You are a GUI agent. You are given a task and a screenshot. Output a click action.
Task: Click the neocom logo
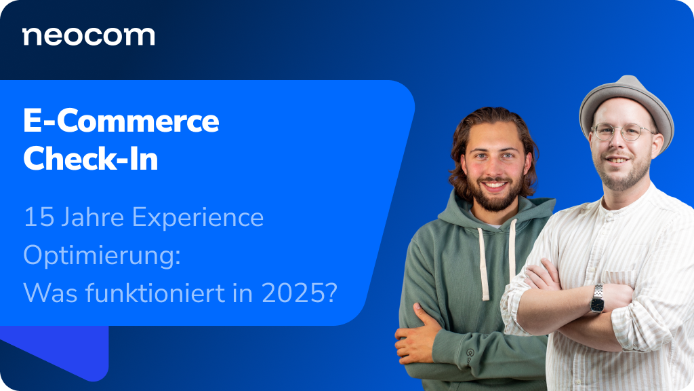88,37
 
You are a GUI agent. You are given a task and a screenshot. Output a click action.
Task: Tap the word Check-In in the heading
90,159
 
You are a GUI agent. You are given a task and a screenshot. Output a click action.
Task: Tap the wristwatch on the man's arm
597,298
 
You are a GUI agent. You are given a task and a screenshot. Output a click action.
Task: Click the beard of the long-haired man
494,196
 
